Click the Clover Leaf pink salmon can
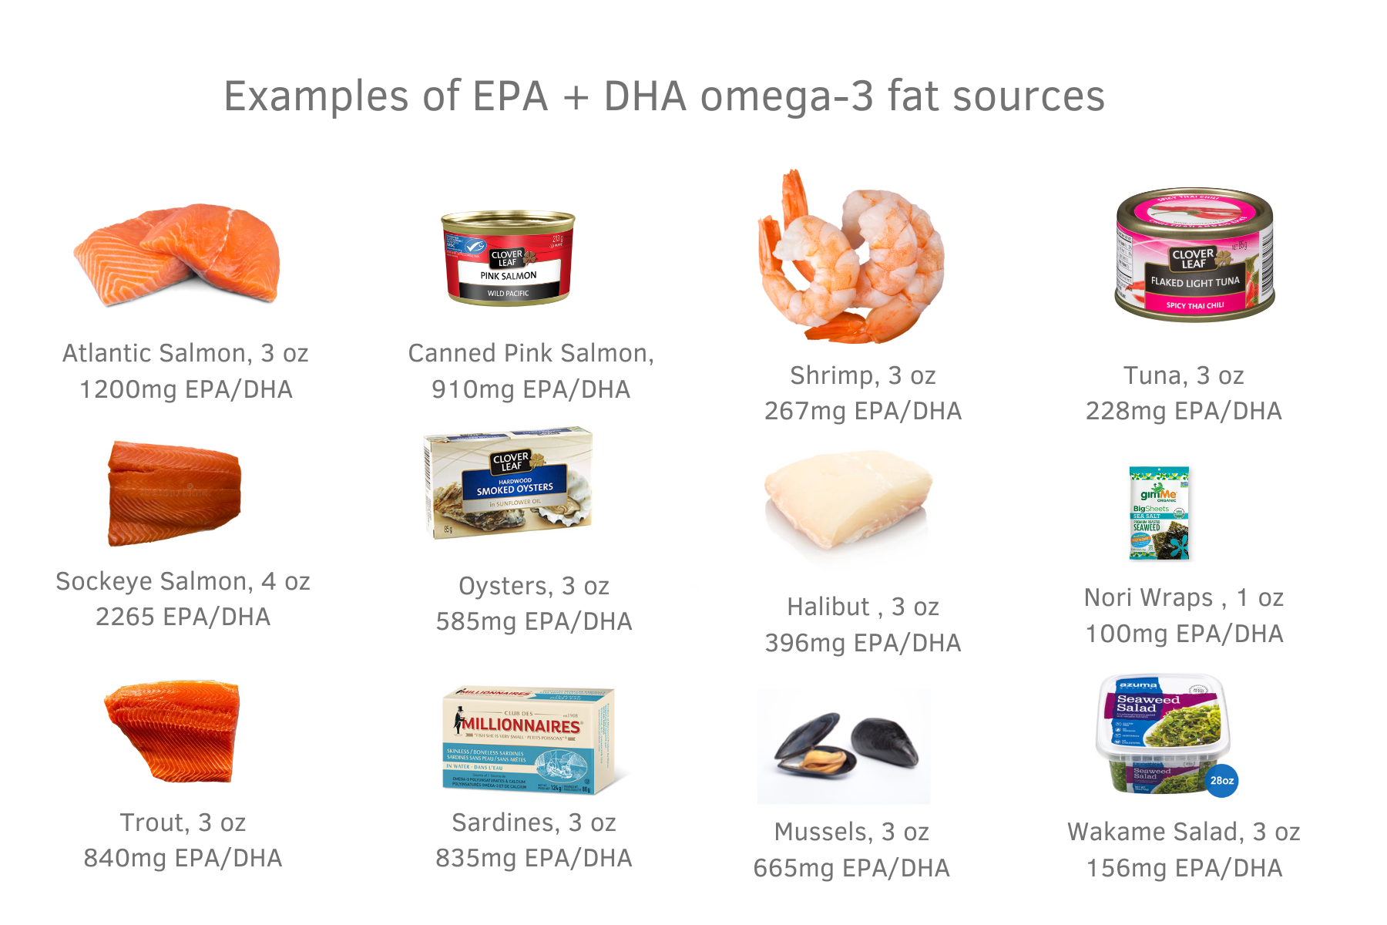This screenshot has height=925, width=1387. point(509,259)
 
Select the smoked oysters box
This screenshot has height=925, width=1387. point(509,483)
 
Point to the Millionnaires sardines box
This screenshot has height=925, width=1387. point(529,740)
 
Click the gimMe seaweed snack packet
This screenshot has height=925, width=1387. point(1159,513)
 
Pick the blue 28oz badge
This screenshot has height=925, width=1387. point(1221,780)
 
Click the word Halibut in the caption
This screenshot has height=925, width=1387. point(828,607)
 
